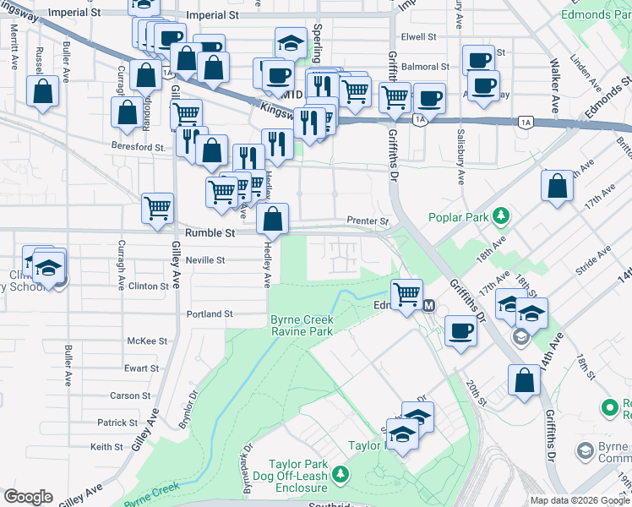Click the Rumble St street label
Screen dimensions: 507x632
(210, 232)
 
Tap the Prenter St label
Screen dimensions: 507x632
(368, 221)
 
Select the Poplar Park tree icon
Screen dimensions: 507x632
(502, 217)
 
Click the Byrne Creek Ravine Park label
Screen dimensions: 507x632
(302, 326)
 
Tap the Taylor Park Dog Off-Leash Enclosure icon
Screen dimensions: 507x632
(340, 475)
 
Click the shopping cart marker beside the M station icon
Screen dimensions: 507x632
(407, 294)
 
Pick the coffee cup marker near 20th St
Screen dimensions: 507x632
(460, 330)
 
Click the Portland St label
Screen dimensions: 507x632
(210, 313)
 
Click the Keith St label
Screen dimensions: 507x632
(106, 447)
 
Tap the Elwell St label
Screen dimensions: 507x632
(418, 37)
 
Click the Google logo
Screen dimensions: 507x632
(28, 497)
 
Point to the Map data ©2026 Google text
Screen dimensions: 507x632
(578, 500)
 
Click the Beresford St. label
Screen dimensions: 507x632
(139, 146)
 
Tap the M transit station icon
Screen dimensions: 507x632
(428, 305)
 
